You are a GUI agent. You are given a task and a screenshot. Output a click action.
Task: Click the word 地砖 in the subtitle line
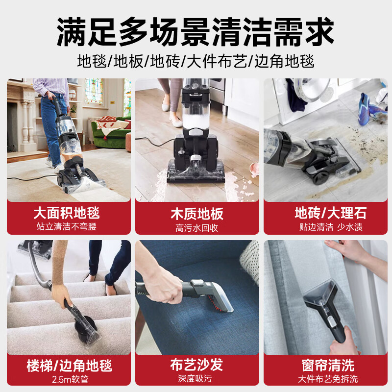164,62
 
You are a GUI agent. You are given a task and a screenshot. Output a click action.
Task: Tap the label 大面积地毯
67,213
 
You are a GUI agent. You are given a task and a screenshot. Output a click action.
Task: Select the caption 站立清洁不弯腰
67,227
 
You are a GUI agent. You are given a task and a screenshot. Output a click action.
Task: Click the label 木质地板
196,214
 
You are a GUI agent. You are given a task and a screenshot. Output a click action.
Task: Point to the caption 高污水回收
196,228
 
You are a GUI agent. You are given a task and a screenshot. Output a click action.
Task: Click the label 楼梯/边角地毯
70,366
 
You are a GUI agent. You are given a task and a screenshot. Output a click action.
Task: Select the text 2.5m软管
69,379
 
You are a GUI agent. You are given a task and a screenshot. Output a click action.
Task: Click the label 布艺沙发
196,366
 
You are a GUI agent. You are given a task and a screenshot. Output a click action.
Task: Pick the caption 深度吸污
196,379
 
